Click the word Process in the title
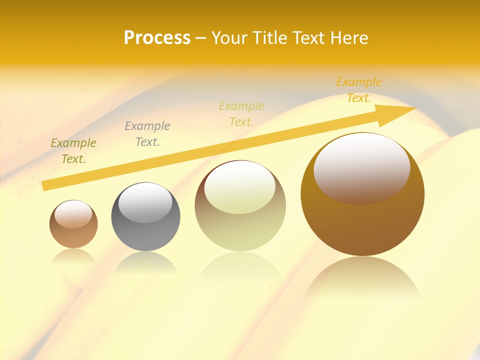point(157,38)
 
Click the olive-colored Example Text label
point(73,151)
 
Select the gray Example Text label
point(147,133)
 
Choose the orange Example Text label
point(358,90)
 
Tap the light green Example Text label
point(241,113)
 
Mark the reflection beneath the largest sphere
point(362,280)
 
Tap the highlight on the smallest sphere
point(73,214)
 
